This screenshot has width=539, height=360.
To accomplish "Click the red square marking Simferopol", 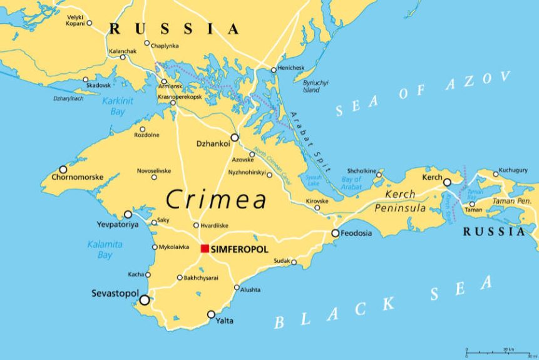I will [205, 249].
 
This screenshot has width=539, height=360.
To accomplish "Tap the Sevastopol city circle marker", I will [145, 300].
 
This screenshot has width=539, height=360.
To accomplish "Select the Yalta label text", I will [225, 321].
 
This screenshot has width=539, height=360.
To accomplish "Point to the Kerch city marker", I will [447, 182].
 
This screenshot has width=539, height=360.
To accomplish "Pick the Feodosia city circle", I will [336, 234].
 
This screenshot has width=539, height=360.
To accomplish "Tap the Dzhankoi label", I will [213, 143].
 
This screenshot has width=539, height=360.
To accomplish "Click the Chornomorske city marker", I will [63, 169].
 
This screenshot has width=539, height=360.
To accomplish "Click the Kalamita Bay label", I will [105, 249].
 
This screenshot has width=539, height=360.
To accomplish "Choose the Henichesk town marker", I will [274, 69].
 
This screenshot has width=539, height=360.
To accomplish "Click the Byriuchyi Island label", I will [316, 86].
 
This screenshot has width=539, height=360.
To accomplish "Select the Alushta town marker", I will [237, 288].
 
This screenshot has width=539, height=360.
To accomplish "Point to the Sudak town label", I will [282, 261].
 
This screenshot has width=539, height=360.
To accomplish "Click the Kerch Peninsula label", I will [404, 201].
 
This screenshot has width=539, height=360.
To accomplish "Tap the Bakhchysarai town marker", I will [180, 277].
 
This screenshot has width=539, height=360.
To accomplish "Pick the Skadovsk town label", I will [99, 85].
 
